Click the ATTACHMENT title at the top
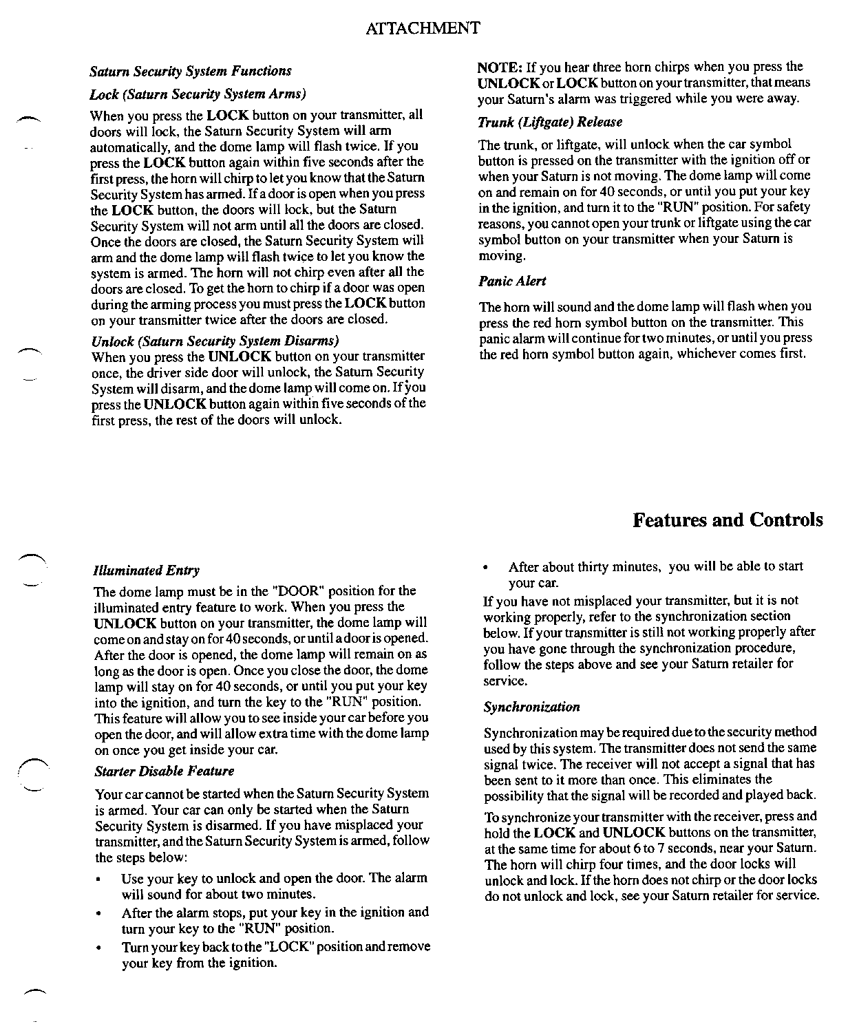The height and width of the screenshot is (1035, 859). click(x=423, y=28)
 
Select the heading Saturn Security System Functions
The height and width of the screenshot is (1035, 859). click(x=191, y=71)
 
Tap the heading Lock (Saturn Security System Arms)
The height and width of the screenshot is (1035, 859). click(x=198, y=94)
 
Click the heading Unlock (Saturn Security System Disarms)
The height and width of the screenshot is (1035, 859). click(x=215, y=341)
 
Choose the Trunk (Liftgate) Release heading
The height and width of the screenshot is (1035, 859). click(x=550, y=122)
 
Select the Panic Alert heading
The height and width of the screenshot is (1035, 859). click(x=512, y=281)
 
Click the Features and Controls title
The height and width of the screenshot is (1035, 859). click(x=728, y=520)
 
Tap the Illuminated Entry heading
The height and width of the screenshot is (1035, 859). click(x=147, y=570)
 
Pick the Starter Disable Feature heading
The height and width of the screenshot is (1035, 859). click(x=164, y=771)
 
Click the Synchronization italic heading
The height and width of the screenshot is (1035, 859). click(x=531, y=707)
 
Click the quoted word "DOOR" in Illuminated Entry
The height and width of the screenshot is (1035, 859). click(x=297, y=591)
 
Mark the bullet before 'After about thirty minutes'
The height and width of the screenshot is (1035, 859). click(x=487, y=568)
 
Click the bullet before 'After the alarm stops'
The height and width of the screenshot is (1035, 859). click(x=100, y=914)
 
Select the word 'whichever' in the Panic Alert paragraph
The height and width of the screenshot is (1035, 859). click(x=706, y=354)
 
